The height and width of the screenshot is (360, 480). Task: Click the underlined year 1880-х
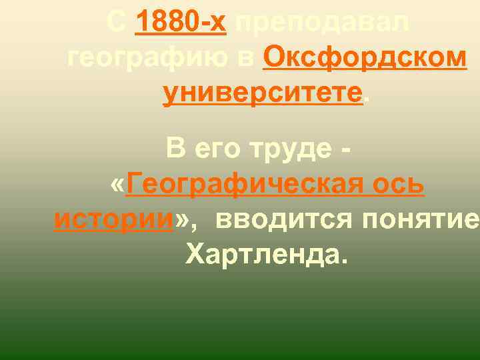181,25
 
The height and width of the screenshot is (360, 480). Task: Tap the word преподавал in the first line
319,25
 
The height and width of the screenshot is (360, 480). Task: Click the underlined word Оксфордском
364,59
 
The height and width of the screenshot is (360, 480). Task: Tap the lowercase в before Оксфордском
250,59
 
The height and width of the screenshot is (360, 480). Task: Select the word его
217,151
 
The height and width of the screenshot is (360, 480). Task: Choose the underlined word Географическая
250,183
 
